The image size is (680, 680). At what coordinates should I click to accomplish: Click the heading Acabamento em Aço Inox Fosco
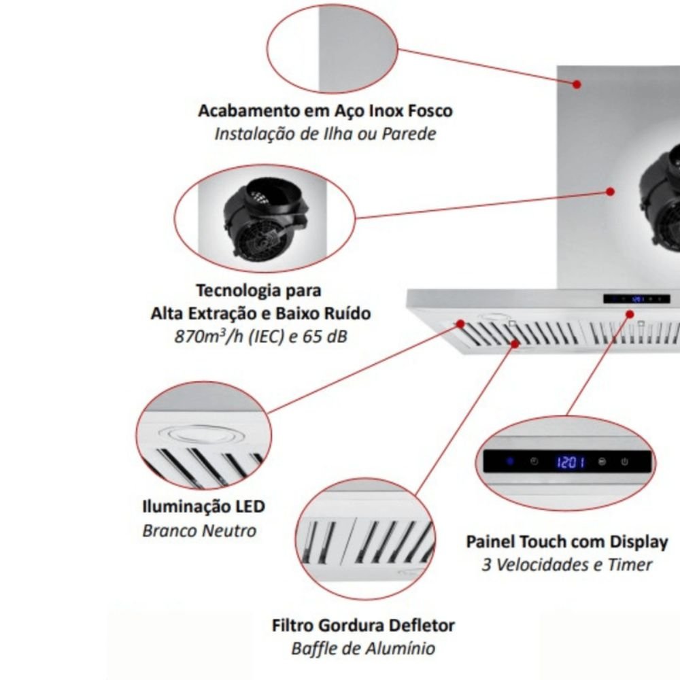(325, 110)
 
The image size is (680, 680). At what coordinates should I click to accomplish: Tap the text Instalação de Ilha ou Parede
(325, 133)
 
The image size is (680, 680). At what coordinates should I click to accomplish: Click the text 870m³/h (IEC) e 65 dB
(261, 336)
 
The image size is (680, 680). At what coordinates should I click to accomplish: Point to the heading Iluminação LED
(203, 507)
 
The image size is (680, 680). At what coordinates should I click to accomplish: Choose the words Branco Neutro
(199, 530)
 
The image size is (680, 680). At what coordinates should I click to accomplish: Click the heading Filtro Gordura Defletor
(363, 625)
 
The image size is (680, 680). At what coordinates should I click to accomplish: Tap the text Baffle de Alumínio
(363, 648)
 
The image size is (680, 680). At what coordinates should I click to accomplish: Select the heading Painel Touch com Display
(567, 542)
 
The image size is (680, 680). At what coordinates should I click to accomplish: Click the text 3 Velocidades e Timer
(567, 565)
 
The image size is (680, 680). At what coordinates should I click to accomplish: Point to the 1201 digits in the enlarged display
(571, 463)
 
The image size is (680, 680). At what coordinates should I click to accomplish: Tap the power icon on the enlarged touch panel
(625, 462)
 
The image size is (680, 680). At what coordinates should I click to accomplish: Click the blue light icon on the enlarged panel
(509, 462)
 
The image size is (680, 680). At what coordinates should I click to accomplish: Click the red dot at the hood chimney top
(576, 84)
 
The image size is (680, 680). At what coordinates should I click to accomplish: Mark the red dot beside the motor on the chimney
(611, 192)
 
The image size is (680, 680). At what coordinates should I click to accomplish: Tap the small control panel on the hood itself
(636, 299)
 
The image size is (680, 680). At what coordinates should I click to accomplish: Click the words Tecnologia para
(258, 290)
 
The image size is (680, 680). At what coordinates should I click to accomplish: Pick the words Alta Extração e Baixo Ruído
(261, 313)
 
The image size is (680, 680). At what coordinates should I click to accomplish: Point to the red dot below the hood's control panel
(630, 314)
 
